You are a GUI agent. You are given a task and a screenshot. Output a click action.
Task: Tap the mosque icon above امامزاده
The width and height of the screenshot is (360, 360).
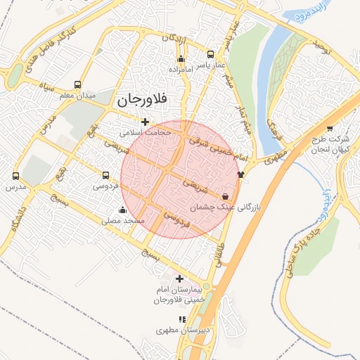[x=181, y=59]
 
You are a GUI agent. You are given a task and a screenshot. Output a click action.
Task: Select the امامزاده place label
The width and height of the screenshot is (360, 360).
[x=182, y=70]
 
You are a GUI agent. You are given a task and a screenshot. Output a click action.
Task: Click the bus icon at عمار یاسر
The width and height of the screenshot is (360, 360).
[x=210, y=54]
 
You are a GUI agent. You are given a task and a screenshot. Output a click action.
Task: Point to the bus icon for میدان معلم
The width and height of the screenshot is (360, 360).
[x=86, y=84]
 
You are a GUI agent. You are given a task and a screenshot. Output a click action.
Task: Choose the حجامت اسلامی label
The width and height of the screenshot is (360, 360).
[x=146, y=131]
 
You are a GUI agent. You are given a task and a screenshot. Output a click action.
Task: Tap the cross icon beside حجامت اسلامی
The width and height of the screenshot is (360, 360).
[x=146, y=122]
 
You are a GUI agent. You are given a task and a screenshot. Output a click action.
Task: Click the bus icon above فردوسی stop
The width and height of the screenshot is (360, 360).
[x=105, y=176]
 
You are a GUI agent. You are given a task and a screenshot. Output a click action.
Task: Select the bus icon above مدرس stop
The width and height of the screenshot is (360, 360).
[x=15, y=176]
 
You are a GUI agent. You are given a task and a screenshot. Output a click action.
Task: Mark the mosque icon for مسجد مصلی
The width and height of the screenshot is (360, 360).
[x=123, y=210]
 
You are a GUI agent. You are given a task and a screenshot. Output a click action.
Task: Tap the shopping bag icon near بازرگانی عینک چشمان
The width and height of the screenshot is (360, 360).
[x=225, y=197]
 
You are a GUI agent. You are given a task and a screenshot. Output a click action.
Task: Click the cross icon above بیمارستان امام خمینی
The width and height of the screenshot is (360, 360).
[x=179, y=278]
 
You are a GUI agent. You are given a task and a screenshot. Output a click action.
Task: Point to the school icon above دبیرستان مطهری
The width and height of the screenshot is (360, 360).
[x=183, y=319]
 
